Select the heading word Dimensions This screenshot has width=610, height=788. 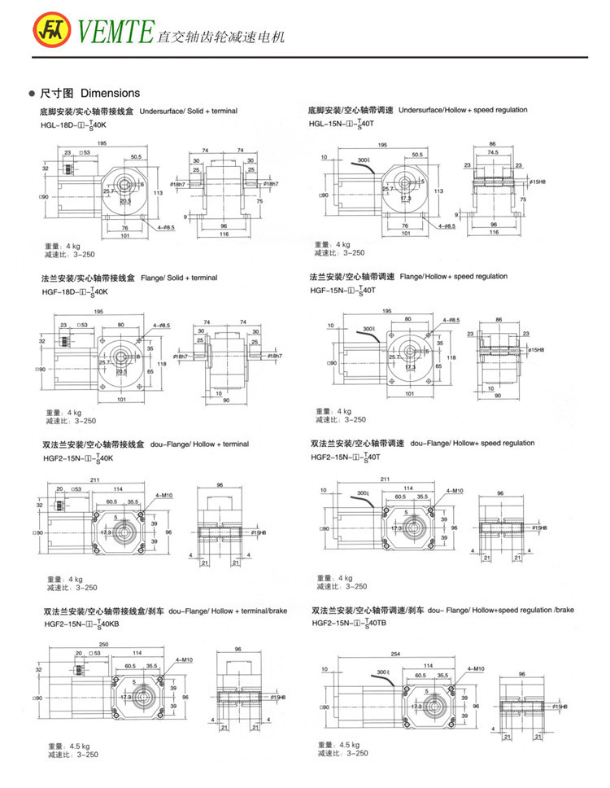[111, 93]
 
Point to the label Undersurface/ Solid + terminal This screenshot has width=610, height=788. [189, 111]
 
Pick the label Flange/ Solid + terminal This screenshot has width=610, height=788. [179, 278]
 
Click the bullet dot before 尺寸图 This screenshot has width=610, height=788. [32, 94]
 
